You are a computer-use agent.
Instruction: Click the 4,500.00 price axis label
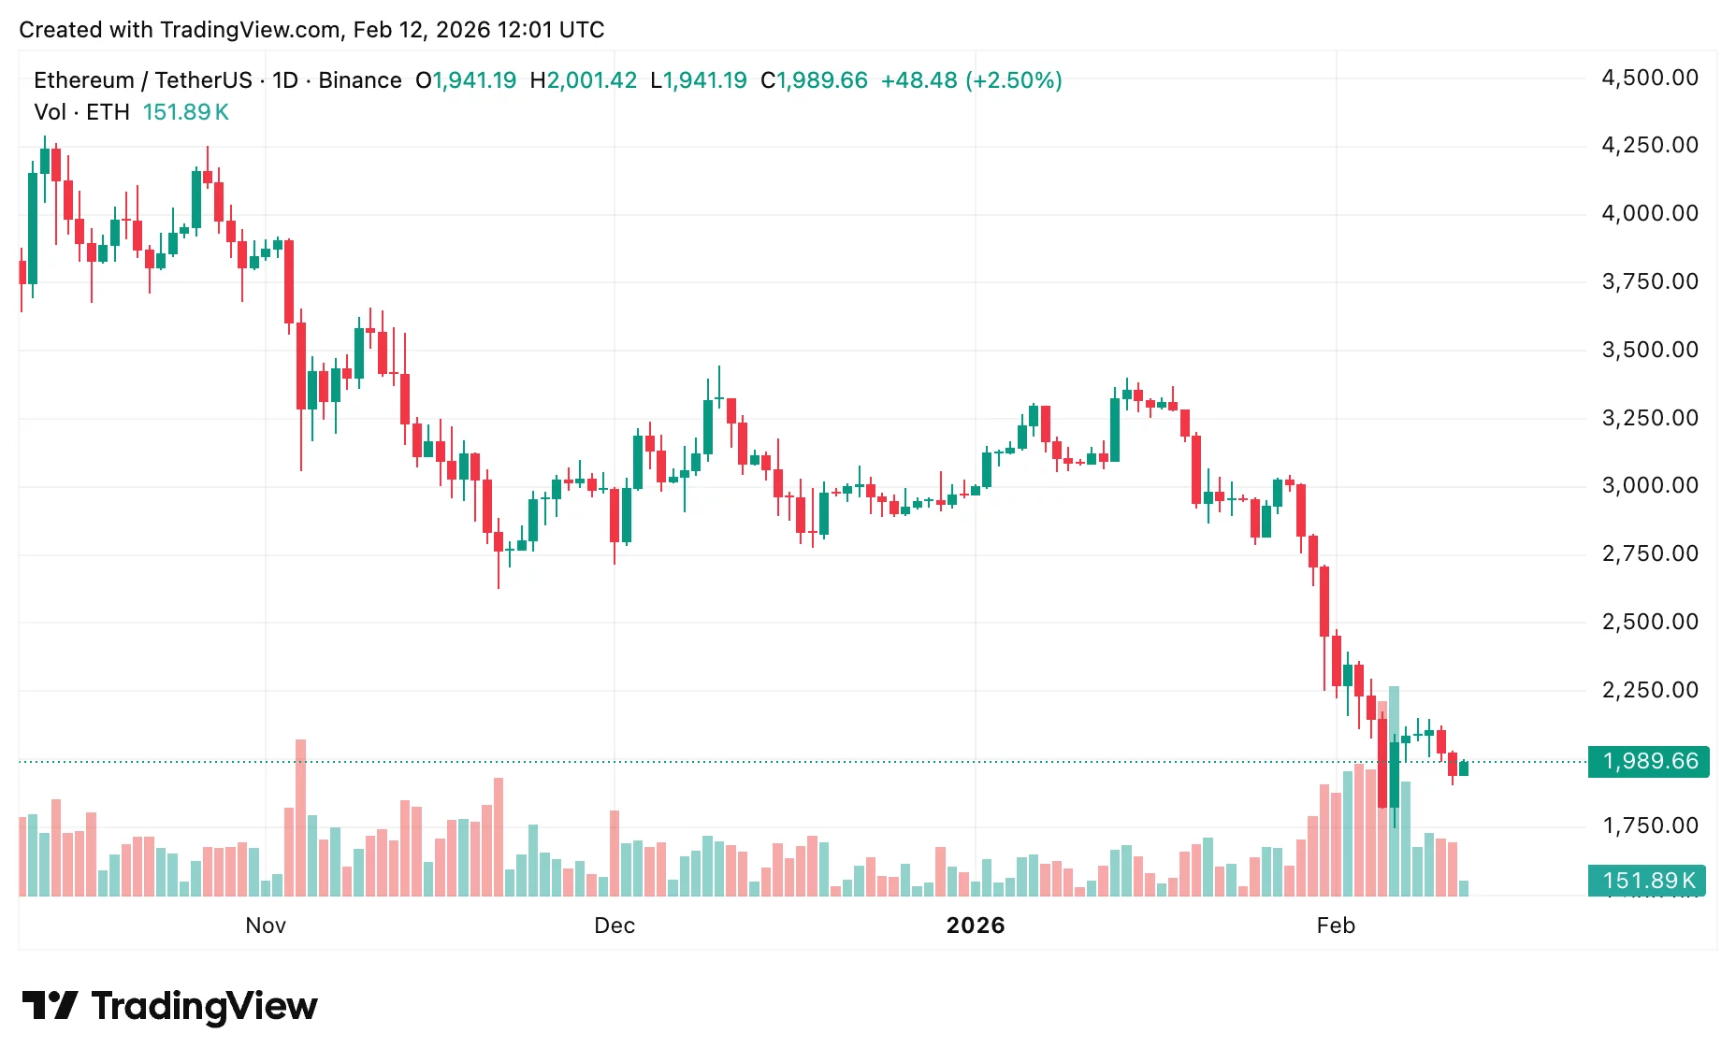coord(1649,78)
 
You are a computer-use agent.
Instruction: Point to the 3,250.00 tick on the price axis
coord(1649,418)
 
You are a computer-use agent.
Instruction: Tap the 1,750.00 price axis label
coord(1649,825)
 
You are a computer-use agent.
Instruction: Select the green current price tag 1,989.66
coord(1648,762)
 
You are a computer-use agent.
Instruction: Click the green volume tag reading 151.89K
coord(1648,881)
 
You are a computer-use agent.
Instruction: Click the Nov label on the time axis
coord(266,926)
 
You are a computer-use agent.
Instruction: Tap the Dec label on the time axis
coord(615,926)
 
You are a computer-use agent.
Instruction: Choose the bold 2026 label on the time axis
coord(976,926)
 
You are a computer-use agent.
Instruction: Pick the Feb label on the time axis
coord(1336,926)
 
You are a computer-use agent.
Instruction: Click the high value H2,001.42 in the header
coord(584,80)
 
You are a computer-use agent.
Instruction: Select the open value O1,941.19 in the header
coord(466,80)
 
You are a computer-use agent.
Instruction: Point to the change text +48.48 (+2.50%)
coord(971,80)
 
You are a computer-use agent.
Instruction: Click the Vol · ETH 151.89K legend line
coord(131,112)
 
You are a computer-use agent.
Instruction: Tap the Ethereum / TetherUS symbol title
coord(142,80)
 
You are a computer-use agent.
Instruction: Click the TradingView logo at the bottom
coord(170,1006)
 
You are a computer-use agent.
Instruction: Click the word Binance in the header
coord(360,80)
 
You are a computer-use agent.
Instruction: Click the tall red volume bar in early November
coord(300,818)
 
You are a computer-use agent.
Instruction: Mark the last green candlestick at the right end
coord(1464,768)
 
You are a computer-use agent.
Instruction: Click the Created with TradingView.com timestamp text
coord(311,30)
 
